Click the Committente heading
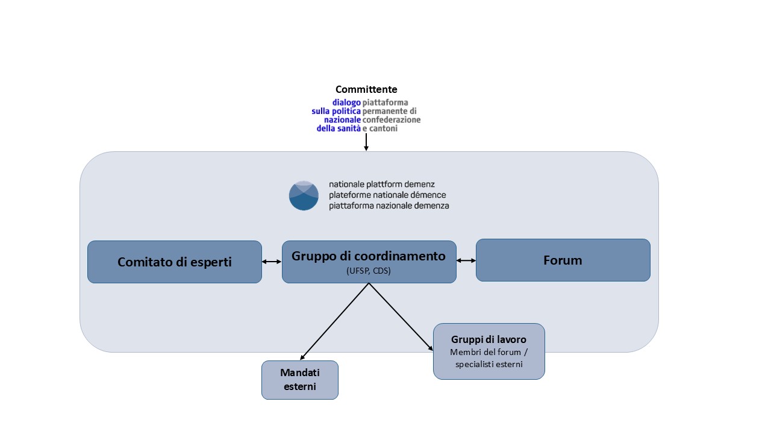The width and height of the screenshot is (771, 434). click(x=366, y=90)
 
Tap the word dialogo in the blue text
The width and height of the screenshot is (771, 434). click(x=346, y=103)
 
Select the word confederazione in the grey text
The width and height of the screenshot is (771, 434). click(x=392, y=120)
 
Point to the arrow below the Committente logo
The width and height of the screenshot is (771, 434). click(x=366, y=142)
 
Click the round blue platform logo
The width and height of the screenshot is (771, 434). click(x=304, y=195)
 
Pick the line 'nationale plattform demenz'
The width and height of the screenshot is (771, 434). click(x=381, y=184)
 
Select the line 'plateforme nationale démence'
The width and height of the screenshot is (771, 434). click(x=387, y=195)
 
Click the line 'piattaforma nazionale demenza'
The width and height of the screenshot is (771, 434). click(x=389, y=206)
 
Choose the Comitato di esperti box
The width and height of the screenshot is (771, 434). click(x=175, y=262)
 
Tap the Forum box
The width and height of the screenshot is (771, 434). click(x=563, y=260)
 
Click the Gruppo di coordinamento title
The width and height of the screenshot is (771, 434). click(x=369, y=256)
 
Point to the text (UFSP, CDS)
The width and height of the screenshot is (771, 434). click(x=369, y=271)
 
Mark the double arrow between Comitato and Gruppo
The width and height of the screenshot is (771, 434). click(x=272, y=262)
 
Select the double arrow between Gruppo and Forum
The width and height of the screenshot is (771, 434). click(x=466, y=260)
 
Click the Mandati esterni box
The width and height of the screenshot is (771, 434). click(x=299, y=380)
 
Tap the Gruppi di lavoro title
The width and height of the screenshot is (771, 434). click(x=489, y=339)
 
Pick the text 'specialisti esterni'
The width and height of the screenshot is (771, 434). click(x=489, y=364)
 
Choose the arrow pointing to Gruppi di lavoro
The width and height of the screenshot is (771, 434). click(x=401, y=317)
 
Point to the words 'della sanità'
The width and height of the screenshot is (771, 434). click(x=339, y=128)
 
